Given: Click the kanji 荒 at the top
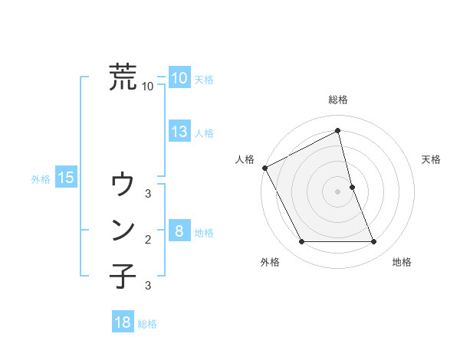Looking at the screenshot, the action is coord(123,77).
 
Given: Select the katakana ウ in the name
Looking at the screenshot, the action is coord(123,185).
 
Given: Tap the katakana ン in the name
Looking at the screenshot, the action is coord(123,230).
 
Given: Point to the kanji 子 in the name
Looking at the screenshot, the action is coord(123,276).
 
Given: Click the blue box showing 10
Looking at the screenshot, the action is coord(179,78).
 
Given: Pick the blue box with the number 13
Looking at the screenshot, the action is coord(179,132).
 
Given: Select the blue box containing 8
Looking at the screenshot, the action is coord(179,231).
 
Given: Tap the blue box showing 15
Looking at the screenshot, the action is coord(65,178).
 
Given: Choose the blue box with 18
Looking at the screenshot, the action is coord(123,322).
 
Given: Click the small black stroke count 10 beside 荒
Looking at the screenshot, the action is coord(148,87).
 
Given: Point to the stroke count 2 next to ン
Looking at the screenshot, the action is coord(148,240).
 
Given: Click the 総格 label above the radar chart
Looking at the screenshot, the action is coord(338,100).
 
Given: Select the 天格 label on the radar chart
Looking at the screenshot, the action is coord(431,159).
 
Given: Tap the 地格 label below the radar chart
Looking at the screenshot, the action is coord(402,262).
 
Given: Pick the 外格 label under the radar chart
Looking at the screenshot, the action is coord(270,262).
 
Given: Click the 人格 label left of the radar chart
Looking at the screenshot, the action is coord(245,159).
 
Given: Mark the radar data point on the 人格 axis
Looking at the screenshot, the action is coord(264,168).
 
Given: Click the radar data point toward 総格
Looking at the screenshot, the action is coord(338,130).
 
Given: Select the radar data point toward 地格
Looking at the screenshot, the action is coord(374,242).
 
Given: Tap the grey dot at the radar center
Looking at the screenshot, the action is coord(338,191).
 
